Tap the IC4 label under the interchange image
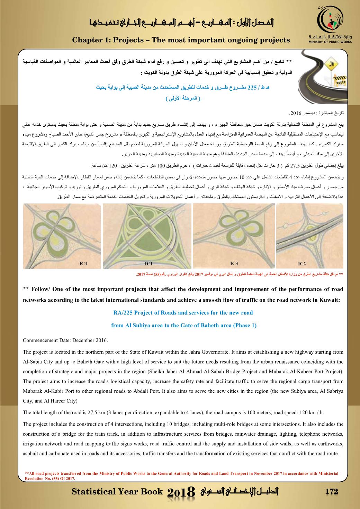pos(83,264)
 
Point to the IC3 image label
pos(234,264)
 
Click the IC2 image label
pos(302,264)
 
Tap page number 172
pos(331,492)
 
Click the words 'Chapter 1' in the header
pos(89,40)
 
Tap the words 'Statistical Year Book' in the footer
pos(117,492)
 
